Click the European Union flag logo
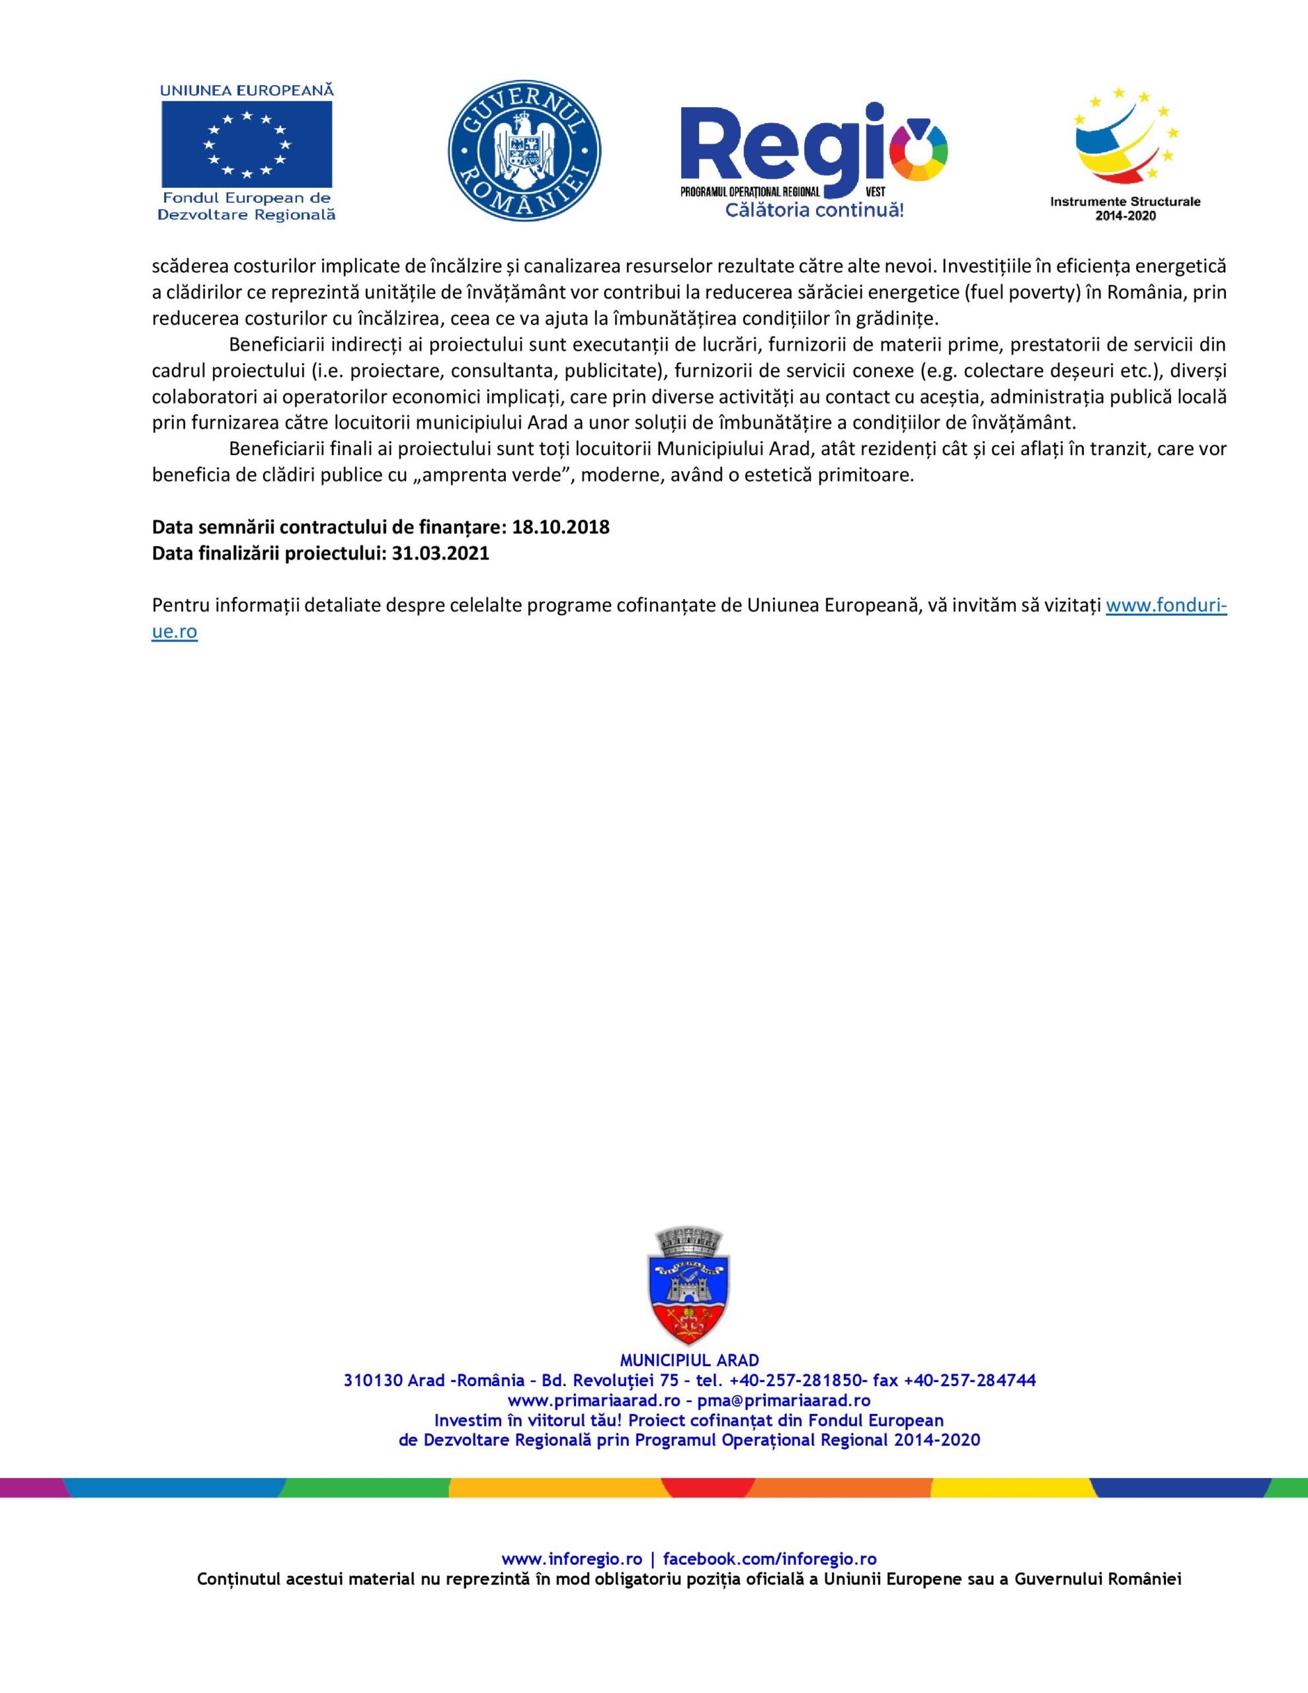(247, 144)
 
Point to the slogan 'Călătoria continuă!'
(814, 210)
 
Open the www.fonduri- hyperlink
(1165, 605)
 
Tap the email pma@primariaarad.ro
(784, 1401)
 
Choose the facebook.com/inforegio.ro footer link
(770, 1559)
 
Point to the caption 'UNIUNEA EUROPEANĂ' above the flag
(247, 90)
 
